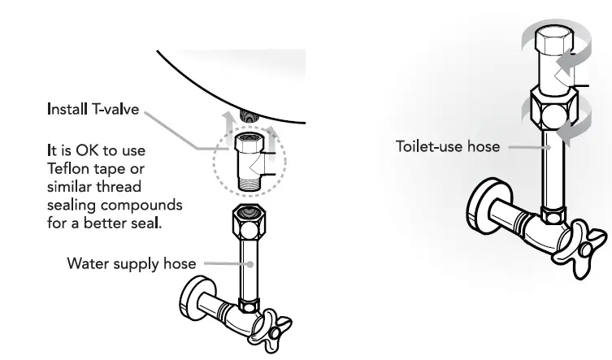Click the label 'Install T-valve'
pyautogui.click(x=92, y=108)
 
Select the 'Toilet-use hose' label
pyautogui.click(x=447, y=147)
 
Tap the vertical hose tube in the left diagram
pyautogui.click(x=248, y=269)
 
